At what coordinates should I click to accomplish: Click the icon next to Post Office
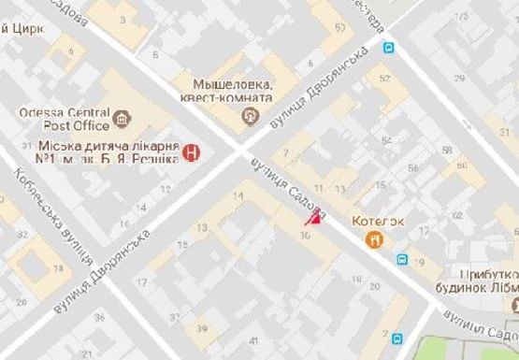pyautogui.click(x=122, y=121)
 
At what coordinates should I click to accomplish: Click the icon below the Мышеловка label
pyautogui.click(x=249, y=116)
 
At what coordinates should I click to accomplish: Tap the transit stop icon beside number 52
pyautogui.click(x=388, y=47)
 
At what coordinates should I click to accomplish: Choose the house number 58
pyautogui.click(x=447, y=151)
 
